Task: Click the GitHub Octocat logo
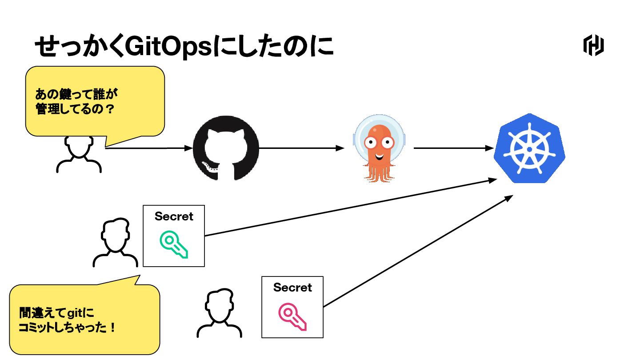[x=225, y=148]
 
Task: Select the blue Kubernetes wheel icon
[x=529, y=148]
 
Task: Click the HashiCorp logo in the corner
[x=593, y=45]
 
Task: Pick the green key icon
[x=174, y=244]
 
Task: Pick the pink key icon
[x=292, y=316]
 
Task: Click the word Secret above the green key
[x=174, y=216]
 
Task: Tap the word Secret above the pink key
[x=292, y=288]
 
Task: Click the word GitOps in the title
[x=168, y=45]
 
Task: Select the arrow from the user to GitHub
[x=147, y=148]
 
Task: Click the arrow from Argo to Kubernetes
[x=453, y=148]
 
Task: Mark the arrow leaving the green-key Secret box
[x=351, y=207]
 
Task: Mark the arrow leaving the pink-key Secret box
[x=418, y=251]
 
